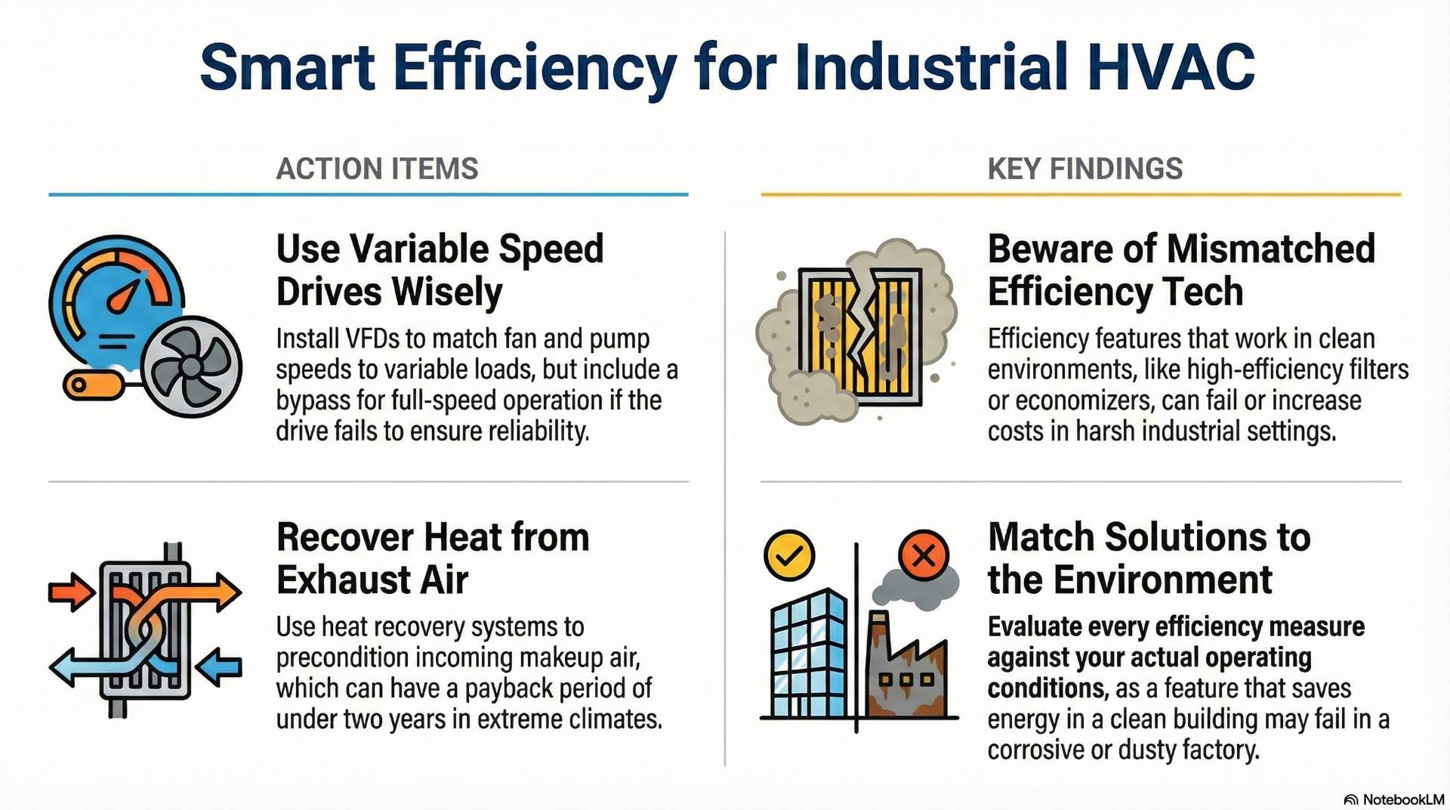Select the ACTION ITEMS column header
pos(377,168)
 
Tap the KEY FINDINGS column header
pos(1084,168)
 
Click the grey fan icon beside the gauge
pos(191,367)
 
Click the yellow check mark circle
pos(789,555)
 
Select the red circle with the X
pos(923,555)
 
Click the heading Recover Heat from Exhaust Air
pos(432,558)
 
